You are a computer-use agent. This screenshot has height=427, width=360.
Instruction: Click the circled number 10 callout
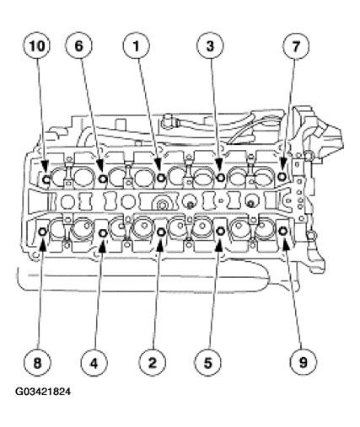click(37, 46)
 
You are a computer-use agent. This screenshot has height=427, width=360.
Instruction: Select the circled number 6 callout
click(78, 46)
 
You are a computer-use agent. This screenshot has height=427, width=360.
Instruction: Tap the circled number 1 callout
click(136, 46)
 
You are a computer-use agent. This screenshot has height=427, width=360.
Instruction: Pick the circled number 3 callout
click(210, 46)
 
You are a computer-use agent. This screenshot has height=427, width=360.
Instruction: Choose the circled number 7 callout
click(296, 46)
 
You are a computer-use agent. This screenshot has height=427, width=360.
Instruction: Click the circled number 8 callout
click(37, 363)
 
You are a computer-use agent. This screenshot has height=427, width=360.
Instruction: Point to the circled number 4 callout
click(94, 363)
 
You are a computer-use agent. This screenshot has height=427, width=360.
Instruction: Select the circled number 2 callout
click(152, 363)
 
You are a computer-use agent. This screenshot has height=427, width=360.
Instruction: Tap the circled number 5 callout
click(208, 363)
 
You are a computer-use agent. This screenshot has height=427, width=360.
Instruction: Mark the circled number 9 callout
click(304, 363)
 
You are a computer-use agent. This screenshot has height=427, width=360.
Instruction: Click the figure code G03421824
click(43, 392)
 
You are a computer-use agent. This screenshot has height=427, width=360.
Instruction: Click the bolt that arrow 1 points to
click(161, 178)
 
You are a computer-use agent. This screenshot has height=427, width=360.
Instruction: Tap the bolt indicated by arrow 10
click(46, 179)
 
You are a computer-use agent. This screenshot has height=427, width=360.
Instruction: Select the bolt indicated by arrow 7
click(282, 176)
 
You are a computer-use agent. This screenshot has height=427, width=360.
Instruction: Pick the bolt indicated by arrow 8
click(43, 232)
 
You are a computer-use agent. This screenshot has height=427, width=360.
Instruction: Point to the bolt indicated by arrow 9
click(282, 231)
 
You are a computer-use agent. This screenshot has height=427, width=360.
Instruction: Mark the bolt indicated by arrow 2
click(161, 232)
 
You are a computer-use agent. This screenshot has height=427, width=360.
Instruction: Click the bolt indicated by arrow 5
click(220, 231)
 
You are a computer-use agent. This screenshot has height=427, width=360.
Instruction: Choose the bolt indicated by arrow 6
click(103, 178)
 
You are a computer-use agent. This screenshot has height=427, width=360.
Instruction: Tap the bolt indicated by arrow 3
click(221, 177)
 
